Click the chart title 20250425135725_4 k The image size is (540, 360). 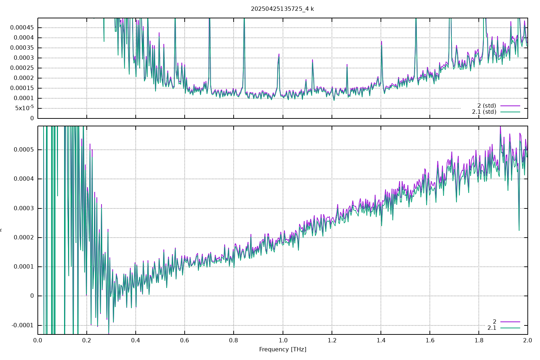282,9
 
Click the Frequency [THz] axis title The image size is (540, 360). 283,349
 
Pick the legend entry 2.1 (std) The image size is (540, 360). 484,112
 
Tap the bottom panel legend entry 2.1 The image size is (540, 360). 492,328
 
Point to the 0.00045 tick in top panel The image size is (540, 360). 22,28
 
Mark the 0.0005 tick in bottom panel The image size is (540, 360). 24,150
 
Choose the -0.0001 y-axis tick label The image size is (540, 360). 23,325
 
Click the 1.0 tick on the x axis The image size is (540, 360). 283,340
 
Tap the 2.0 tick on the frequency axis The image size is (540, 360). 528,340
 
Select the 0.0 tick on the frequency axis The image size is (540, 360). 38,340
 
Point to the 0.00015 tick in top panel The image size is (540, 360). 22,88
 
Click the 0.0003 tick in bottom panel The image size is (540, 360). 24,208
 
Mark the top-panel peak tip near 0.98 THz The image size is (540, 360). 279,54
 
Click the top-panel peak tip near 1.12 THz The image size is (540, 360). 312,60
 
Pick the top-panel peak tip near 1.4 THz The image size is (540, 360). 381,41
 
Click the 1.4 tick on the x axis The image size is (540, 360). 381,340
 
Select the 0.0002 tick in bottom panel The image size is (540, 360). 24,238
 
